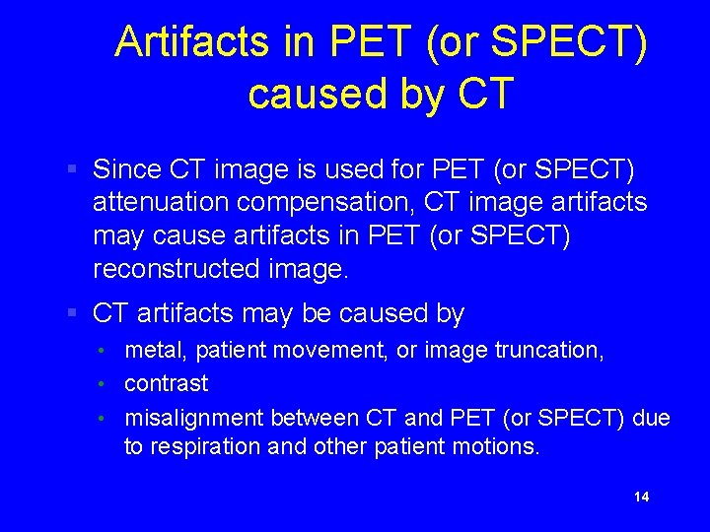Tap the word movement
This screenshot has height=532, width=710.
321,349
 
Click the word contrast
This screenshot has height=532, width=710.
166,383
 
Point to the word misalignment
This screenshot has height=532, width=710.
194,418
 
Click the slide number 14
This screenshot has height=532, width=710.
641,497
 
